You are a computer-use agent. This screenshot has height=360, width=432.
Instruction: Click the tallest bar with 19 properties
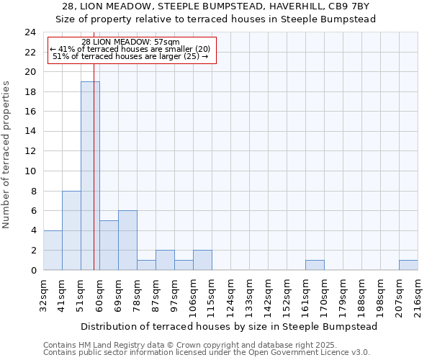click(x=90, y=176)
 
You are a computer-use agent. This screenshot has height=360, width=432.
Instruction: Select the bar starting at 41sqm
click(x=71, y=230)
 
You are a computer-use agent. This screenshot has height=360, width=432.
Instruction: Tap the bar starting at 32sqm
click(x=53, y=251)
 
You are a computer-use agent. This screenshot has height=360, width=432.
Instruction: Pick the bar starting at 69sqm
click(x=127, y=240)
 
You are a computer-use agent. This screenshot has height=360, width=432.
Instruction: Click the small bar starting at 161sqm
click(x=315, y=265)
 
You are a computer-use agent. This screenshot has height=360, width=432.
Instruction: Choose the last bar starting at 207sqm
click(x=408, y=265)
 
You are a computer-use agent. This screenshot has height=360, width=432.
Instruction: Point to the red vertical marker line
click(x=94, y=144)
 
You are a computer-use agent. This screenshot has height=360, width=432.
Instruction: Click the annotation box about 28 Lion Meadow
click(x=131, y=50)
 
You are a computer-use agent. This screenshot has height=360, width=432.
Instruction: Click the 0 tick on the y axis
click(x=33, y=271)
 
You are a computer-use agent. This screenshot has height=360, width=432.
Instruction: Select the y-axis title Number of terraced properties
click(x=7, y=155)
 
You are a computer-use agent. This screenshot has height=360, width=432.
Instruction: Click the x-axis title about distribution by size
click(x=229, y=326)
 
